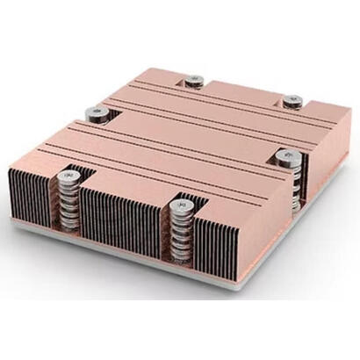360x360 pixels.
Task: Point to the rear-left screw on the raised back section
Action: tap(194, 80)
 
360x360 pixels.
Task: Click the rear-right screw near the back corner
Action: tap(291, 99)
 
